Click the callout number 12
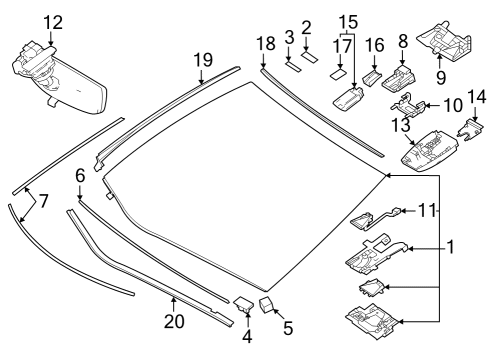[x=52, y=21]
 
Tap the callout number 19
[x=203, y=59]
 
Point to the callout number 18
[x=264, y=45]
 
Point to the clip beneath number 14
[x=469, y=127]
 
